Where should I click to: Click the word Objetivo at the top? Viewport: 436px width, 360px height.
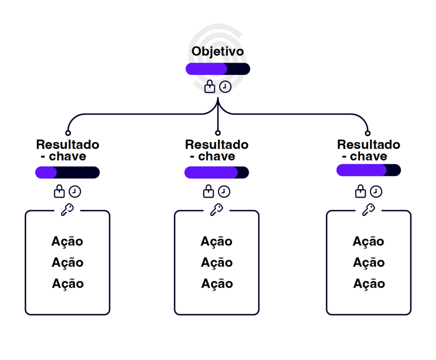click(x=218, y=51)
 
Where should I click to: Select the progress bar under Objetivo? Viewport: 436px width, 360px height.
click(x=218, y=69)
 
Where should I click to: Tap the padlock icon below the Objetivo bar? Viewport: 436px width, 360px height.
click(x=210, y=86)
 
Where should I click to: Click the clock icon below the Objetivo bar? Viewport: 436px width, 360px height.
click(x=225, y=87)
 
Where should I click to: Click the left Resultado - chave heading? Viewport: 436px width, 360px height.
click(x=67, y=150)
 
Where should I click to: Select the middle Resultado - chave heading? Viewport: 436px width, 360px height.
click(x=217, y=150)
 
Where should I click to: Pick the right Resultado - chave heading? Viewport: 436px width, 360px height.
click(x=369, y=150)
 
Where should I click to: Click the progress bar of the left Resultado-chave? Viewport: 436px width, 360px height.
click(x=67, y=172)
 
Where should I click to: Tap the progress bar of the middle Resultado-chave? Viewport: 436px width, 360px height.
click(x=217, y=172)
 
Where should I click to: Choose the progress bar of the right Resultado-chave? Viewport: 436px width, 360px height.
click(x=369, y=170)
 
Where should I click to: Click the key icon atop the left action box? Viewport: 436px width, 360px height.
click(x=67, y=210)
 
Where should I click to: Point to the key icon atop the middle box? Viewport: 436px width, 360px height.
click(x=217, y=210)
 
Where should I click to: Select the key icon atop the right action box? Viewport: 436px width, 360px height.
click(x=369, y=210)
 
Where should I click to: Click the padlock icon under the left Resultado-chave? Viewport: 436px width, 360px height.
click(x=59, y=191)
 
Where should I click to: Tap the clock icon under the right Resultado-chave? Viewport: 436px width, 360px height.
click(x=376, y=191)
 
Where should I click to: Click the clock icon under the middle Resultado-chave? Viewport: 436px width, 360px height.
click(x=224, y=191)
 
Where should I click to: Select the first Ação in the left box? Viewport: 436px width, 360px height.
click(x=67, y=241)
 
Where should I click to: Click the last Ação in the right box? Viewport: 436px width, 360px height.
click(x=369, y=283)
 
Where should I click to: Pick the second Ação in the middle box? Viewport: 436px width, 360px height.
click(x=217, y=263)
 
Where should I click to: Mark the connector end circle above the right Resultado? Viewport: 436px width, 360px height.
click(x=368, y=133)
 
